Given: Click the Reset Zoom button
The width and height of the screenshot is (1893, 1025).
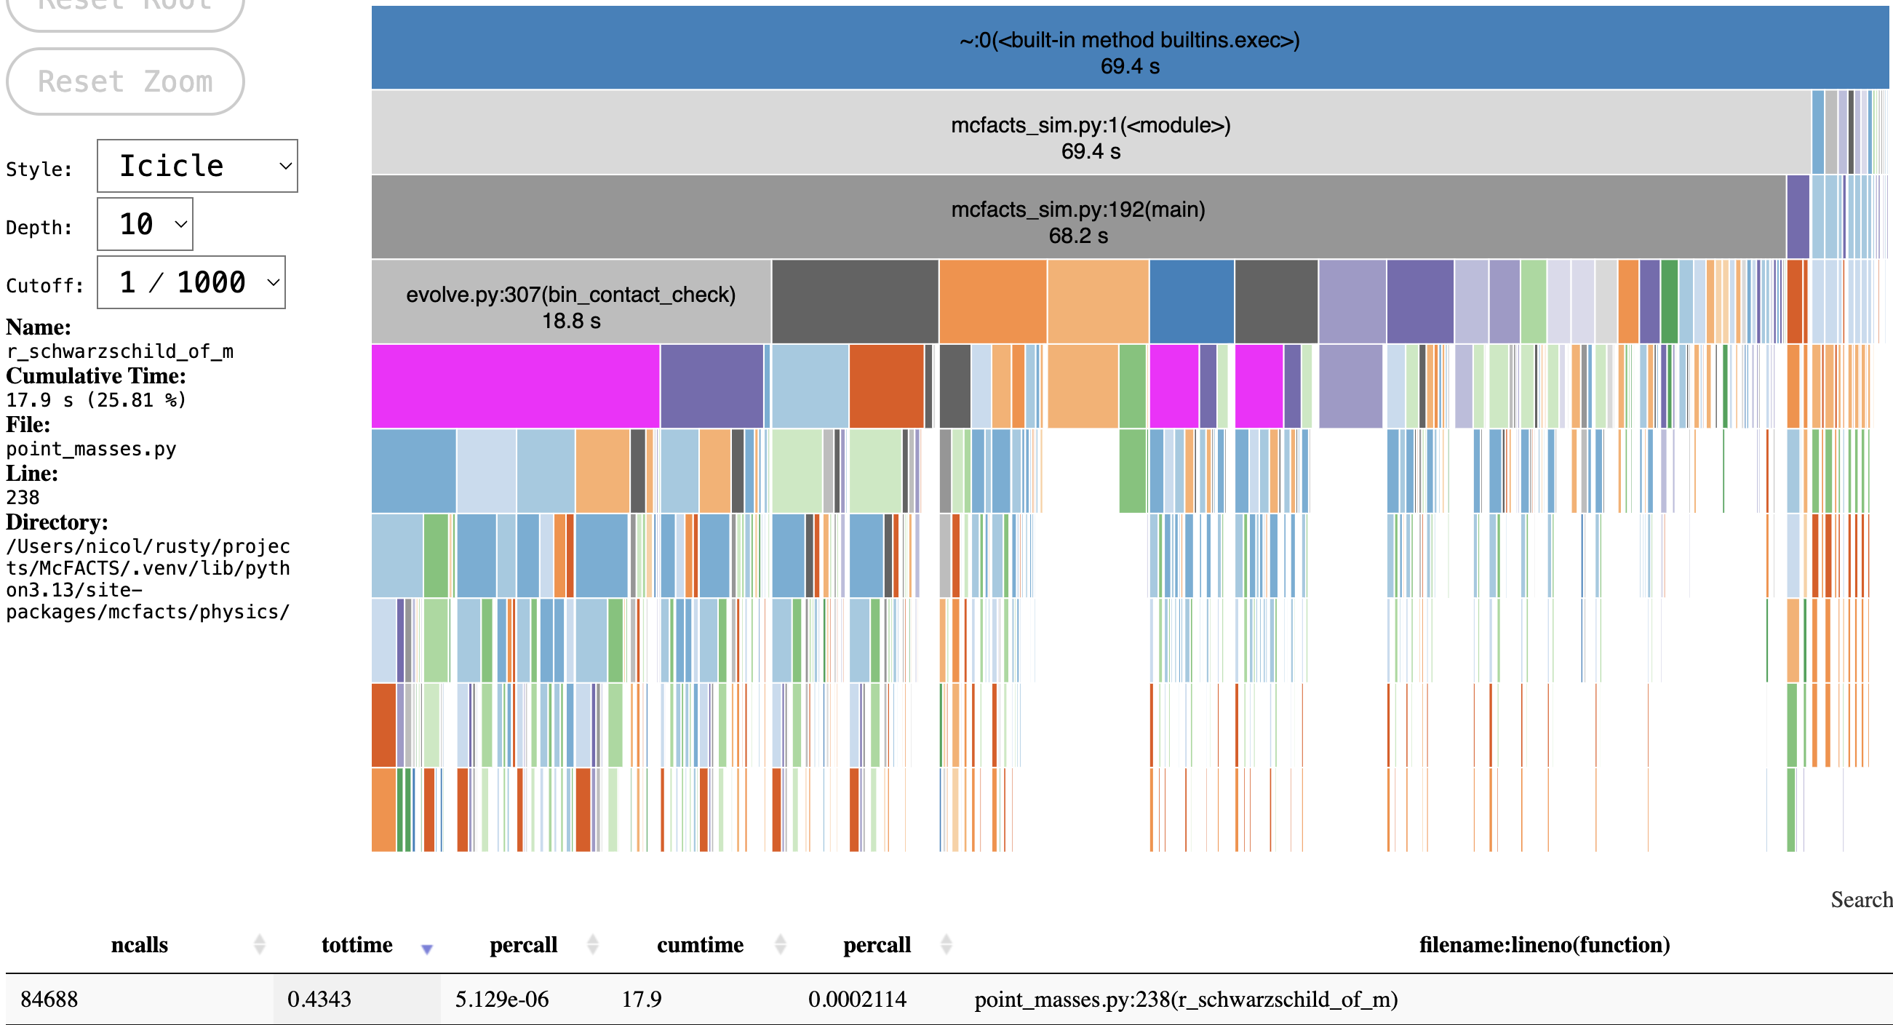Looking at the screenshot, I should click(125, 81).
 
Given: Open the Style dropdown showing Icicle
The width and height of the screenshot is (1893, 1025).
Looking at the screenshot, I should click(197, 166).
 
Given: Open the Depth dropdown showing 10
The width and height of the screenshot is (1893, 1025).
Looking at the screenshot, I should click(145, 224).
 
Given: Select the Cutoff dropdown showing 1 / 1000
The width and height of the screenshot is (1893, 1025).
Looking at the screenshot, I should click(191, 282).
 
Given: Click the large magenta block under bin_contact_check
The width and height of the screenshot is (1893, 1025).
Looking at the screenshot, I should click(514, 386).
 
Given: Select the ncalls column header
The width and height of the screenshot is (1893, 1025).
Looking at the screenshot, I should click(139, 944).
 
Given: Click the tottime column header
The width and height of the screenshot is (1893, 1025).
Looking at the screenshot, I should click(356, 944).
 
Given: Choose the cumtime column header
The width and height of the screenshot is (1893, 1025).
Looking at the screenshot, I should click(700, 944).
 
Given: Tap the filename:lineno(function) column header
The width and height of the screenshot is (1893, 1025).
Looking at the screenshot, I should click(1543, 944).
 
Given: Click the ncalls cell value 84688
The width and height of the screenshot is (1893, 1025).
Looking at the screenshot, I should click(49, 1000).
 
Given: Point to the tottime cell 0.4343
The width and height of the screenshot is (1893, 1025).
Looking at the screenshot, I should click(319, 1000).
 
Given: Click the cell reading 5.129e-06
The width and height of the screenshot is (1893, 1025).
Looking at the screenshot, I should click(502, 1000).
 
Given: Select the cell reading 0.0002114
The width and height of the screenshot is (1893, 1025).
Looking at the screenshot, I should click(857, 1000).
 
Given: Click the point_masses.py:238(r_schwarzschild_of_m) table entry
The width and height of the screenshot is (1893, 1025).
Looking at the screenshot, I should click(1185, 1000).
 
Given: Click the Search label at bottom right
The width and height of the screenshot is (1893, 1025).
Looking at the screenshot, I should click(1860, 899).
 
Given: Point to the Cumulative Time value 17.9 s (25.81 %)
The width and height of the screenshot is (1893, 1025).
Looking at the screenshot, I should click(96, 400).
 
